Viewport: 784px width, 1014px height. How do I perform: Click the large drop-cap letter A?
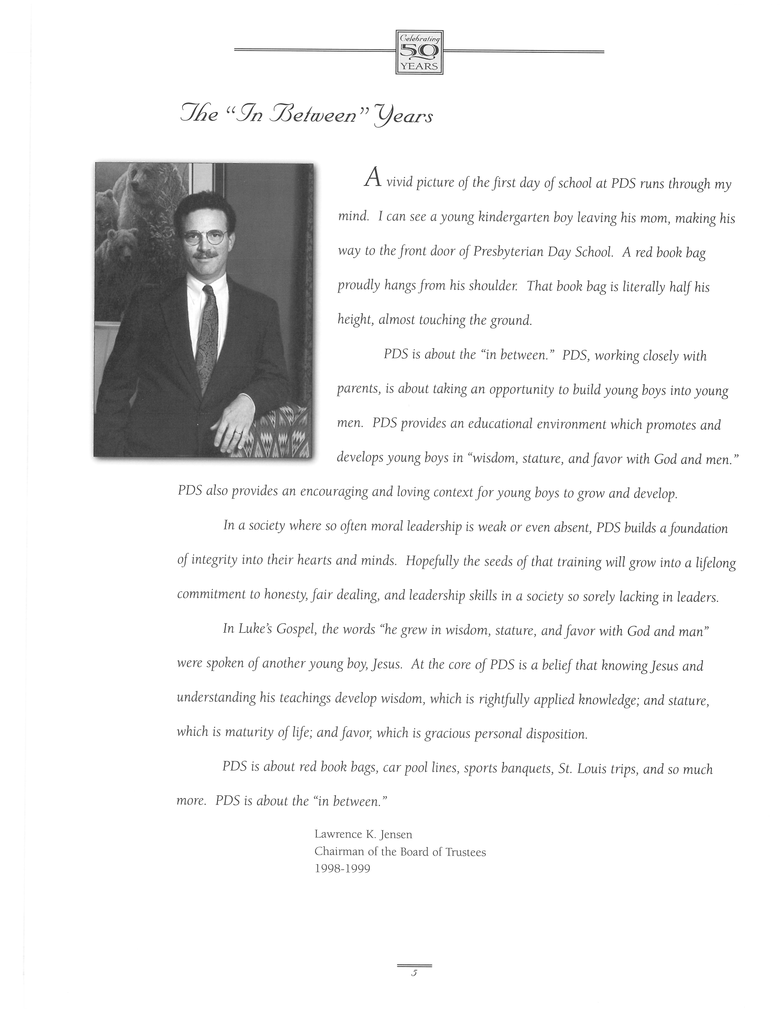click(x=372, y=177)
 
